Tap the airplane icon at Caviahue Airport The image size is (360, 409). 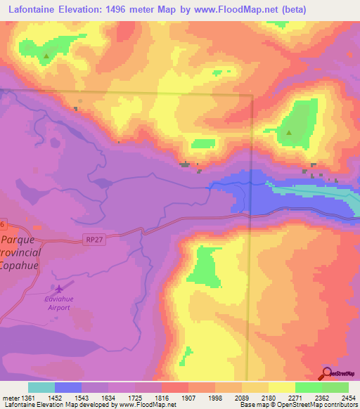point(59,289)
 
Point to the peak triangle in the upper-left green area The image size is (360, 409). point(47,56)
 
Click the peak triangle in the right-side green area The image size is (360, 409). point(289,131)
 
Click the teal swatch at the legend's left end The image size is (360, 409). point(41,387)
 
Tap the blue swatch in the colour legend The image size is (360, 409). point(68,387)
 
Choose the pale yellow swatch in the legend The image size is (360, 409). point(281,387)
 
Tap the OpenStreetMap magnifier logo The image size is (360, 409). point(327,373)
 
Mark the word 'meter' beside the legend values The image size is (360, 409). point(10,397)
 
